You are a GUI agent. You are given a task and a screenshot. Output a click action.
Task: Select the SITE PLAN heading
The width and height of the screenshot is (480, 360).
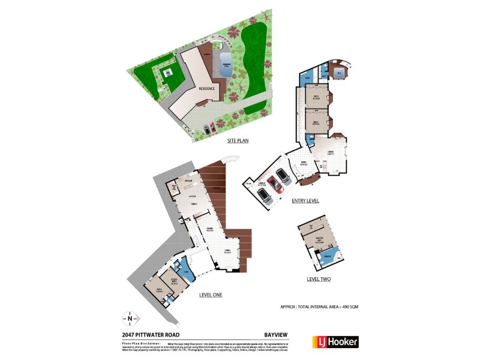pyautogui.click(x=238, y=141)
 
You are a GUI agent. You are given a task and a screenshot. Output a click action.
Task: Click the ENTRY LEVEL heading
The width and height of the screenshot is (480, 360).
pyautogui.click(x=305, y=200)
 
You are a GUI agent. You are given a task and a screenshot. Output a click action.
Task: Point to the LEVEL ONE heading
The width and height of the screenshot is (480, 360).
pyautogui.click(x=211, y=295)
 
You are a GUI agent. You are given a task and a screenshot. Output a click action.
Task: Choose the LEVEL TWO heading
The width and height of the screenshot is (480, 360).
pyautogui.click(x=318, y=279)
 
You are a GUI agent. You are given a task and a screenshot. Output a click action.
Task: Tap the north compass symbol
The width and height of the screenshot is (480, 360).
pyautogui.click(x=131, y=318)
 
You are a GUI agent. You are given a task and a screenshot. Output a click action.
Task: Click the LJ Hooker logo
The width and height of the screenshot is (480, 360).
pyautogui.click(x=335, y=342)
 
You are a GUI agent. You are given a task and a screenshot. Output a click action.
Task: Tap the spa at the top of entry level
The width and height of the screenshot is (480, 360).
pyautogui.click(x=338, y=74)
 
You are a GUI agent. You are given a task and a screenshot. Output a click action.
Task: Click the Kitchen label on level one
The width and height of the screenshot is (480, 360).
pyautogui.click(x=188, y=181)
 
